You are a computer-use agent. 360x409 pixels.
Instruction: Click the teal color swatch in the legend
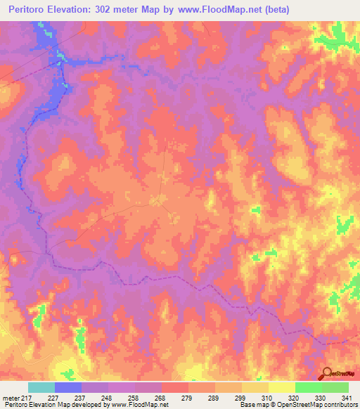[41, 388]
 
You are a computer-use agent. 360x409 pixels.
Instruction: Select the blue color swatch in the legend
[68, 388]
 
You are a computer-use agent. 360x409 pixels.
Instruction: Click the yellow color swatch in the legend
[282, 388]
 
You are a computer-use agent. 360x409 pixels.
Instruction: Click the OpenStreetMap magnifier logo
[327, 374]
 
